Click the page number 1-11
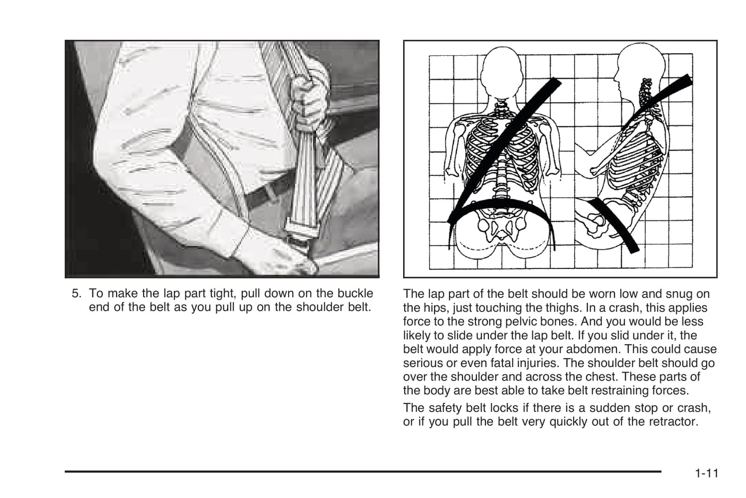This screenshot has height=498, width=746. point(707,473)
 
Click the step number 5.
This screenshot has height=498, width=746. point(76,293)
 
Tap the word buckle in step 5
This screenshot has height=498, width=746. point(355,293)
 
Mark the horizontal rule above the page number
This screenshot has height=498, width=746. point(363,471)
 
